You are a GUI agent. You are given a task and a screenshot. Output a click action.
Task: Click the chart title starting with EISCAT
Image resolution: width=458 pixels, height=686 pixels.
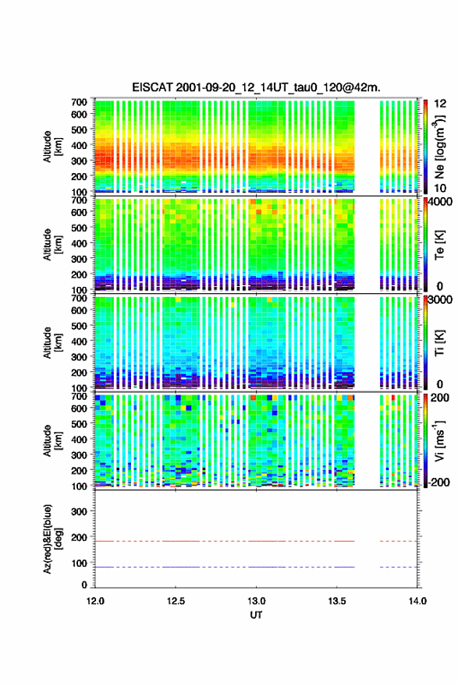tap(256, 87)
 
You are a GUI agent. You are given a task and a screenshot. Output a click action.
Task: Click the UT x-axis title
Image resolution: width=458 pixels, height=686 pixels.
tap(256, 615)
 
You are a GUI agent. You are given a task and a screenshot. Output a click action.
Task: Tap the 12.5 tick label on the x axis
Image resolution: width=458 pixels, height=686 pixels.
tap(175, 601)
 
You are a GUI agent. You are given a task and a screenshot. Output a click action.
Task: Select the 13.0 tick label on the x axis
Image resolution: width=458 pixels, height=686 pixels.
tap(256, 601)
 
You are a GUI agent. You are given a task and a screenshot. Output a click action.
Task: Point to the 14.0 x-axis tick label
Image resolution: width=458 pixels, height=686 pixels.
tap(417, 601)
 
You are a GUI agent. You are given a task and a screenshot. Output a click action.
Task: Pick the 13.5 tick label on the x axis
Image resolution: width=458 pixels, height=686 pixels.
tap(336, 601)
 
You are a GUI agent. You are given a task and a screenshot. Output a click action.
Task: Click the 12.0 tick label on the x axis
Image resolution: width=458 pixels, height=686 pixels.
tap(95, 601)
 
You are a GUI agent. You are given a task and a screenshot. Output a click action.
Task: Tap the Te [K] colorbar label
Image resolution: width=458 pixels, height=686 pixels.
tap(439, 245)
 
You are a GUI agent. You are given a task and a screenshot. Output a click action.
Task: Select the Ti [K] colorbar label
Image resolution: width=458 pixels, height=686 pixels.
tap(439, 343)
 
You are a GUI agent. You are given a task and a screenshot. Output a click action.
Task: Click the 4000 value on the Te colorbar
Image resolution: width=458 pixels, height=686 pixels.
tap(438, 202)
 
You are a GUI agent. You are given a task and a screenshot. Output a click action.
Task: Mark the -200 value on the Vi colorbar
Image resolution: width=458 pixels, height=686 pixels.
tap(438, 482)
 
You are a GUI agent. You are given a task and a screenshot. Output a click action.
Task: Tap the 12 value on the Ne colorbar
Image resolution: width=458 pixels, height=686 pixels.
tap(440, 104)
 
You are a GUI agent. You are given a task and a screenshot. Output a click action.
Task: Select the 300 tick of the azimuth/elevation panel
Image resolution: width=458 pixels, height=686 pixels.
tap(79, 511)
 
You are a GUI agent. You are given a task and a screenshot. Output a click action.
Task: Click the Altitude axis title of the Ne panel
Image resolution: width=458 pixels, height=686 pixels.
tap(51, 147)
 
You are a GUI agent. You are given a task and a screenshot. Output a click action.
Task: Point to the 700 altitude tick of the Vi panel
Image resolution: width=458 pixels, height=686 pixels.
tap(79, 396)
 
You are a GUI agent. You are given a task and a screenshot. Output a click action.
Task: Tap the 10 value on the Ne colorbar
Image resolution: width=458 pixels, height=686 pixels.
tap(440, 189)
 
